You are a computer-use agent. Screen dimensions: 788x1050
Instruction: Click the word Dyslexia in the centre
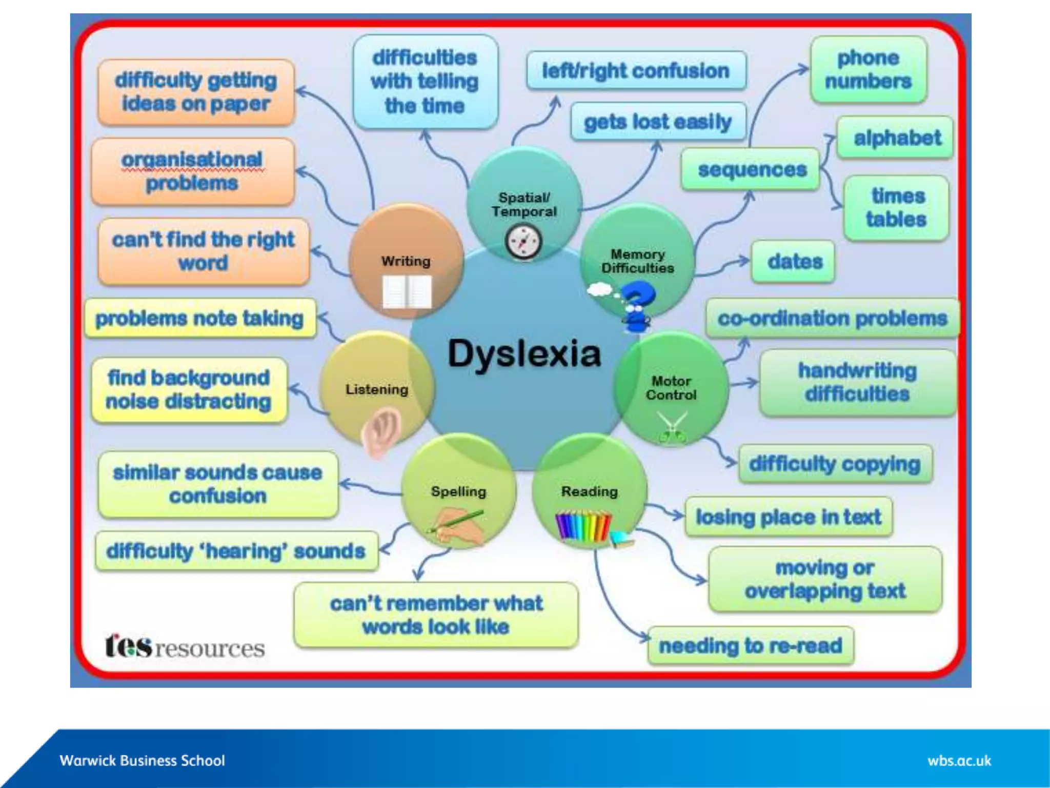(524, 354)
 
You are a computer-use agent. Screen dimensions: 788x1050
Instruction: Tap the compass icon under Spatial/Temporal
(523, 242)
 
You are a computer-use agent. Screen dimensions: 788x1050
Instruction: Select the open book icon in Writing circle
(407, 292)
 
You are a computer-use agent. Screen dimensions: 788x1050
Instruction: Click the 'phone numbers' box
(869, 70)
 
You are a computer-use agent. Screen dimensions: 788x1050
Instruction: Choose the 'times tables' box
(896, 208)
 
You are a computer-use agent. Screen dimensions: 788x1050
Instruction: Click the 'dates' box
(794, 262)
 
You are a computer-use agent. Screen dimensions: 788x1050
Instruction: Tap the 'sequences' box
(751, 169)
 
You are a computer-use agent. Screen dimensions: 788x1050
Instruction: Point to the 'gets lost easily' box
(658, 122)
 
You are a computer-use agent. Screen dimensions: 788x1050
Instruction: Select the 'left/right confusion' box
(636, 70)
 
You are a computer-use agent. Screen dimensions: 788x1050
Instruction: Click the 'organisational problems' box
(193, 171)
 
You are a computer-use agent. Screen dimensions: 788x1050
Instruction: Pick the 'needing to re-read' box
(751, 645)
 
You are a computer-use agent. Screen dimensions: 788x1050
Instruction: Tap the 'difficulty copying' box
(835, 464)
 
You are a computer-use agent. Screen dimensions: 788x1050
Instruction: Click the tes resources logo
(185, 646)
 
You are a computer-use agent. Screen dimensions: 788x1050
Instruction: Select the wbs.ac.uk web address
(959, 761)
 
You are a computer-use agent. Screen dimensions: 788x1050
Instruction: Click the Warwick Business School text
(142, 760)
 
